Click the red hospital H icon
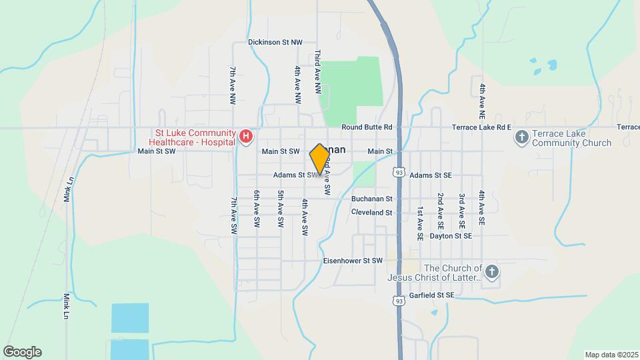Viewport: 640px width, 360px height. click(246, 137)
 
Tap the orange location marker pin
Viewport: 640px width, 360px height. click(319, 159)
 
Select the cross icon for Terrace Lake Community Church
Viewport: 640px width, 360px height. click(521, 137)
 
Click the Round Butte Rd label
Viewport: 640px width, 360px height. click(367, 127)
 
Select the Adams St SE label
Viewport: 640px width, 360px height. click(431, 175)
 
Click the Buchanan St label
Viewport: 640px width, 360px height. click(372, 199)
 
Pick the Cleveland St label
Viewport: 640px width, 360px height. click(372, 212)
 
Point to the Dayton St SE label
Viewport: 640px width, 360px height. click(451, 236)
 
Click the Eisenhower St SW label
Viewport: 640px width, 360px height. click(352, 261)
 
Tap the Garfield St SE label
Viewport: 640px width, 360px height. click(432, 295)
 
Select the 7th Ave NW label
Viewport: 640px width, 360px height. click(233, 85)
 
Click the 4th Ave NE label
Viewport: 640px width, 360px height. click(481, 97)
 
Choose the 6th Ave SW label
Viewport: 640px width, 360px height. click(256, 211)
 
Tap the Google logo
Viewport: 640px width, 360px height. click(22, 352)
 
